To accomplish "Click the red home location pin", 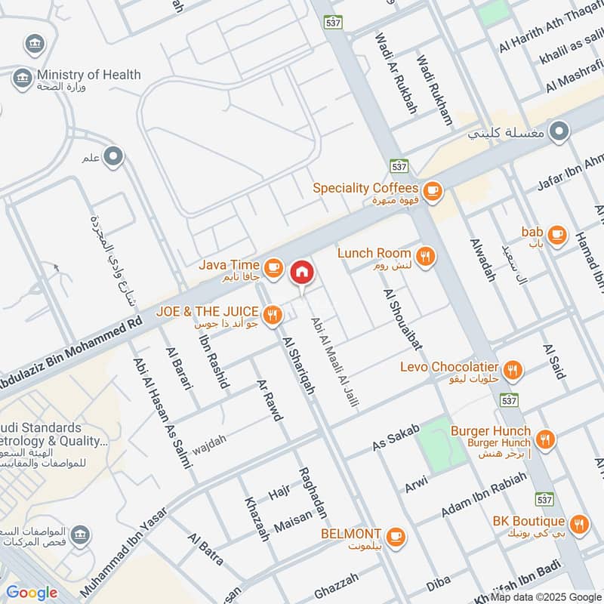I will (302, 272).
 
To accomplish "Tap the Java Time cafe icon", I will (273, 266).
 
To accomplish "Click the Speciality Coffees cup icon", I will (432, 189).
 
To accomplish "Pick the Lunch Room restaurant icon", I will (426, 256).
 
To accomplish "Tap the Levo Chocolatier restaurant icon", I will (513, 369).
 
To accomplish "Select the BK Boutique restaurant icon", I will (579, 525).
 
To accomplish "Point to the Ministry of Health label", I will (88, 75).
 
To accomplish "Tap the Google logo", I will (32, 592).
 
